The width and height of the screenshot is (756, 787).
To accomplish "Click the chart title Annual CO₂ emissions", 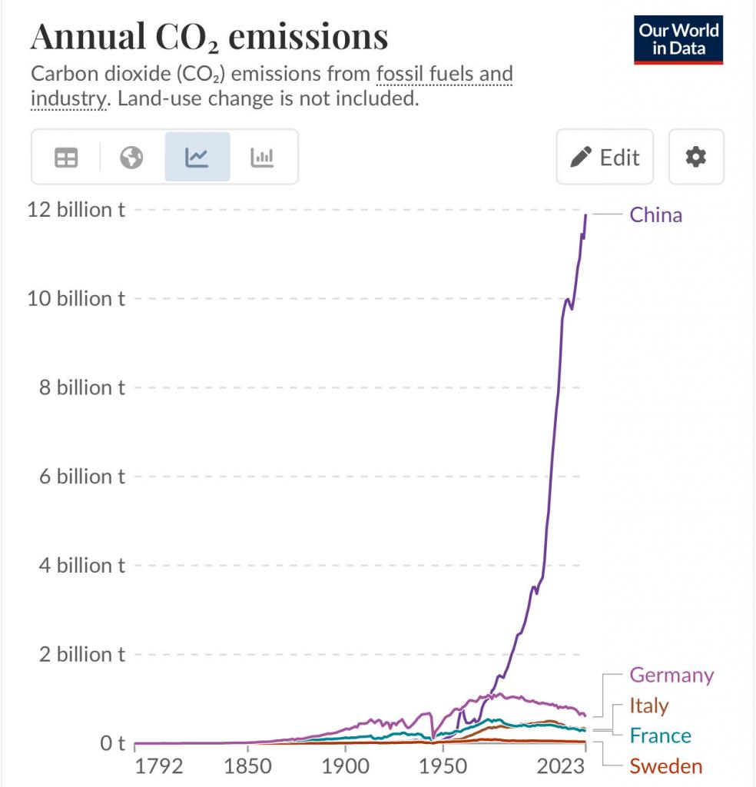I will click(209, 36).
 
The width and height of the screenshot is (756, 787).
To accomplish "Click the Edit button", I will click(605, 157).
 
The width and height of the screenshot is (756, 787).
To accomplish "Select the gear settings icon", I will click(696, 157).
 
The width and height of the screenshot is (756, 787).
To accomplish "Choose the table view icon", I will click(66, 158).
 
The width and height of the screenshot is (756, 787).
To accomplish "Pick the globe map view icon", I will click(131, 158).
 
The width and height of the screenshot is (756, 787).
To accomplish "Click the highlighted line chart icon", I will click(197, 158).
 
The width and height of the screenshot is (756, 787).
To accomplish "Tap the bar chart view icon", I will click(263, 158).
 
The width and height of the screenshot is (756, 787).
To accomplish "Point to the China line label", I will click(655, 214).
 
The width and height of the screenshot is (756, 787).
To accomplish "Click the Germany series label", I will click(671, 675).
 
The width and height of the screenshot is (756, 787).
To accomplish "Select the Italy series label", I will click(649, 706).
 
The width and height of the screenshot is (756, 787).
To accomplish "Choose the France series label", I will click(660, 736).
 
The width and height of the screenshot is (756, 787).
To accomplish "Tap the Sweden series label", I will click(665, 766).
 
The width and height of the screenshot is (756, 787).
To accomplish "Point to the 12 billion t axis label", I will click(76, 210).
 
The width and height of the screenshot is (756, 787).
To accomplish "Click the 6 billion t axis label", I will click(81, 477).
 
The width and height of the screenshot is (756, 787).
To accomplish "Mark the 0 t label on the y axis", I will click(112, 743).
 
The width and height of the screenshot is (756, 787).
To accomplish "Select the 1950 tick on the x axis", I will click(444, 766).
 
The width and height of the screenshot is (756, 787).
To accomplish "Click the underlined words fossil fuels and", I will click(445, 75).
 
